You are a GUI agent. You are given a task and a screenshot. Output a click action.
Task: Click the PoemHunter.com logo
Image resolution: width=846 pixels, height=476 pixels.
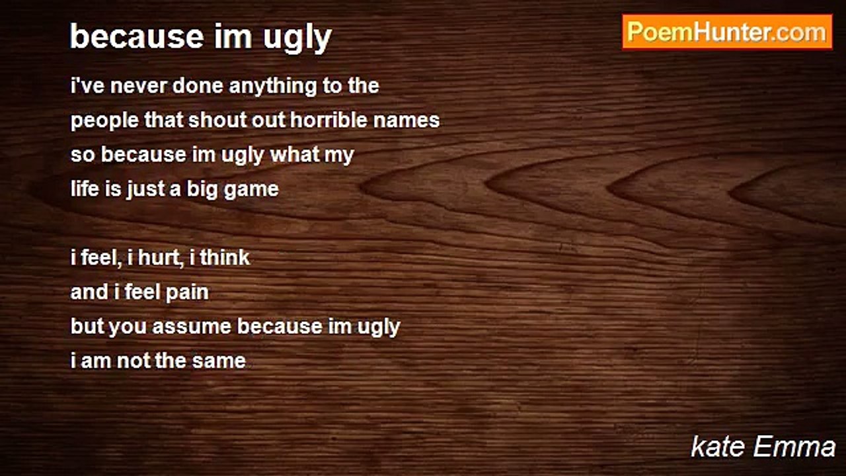point(727,32)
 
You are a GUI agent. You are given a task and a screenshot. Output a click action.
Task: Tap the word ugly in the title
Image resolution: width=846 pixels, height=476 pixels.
point(297,38)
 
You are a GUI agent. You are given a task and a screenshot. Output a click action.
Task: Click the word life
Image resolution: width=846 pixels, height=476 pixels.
point(85,188)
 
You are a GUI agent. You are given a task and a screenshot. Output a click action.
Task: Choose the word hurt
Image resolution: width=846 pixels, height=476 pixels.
point(161,258)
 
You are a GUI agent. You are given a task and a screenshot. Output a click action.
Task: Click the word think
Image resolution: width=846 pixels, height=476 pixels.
point(225,257)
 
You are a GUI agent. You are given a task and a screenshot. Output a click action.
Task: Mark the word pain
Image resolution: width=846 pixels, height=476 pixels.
point(187,293)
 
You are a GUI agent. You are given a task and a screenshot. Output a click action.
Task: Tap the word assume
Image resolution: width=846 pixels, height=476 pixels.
point(192,327)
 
